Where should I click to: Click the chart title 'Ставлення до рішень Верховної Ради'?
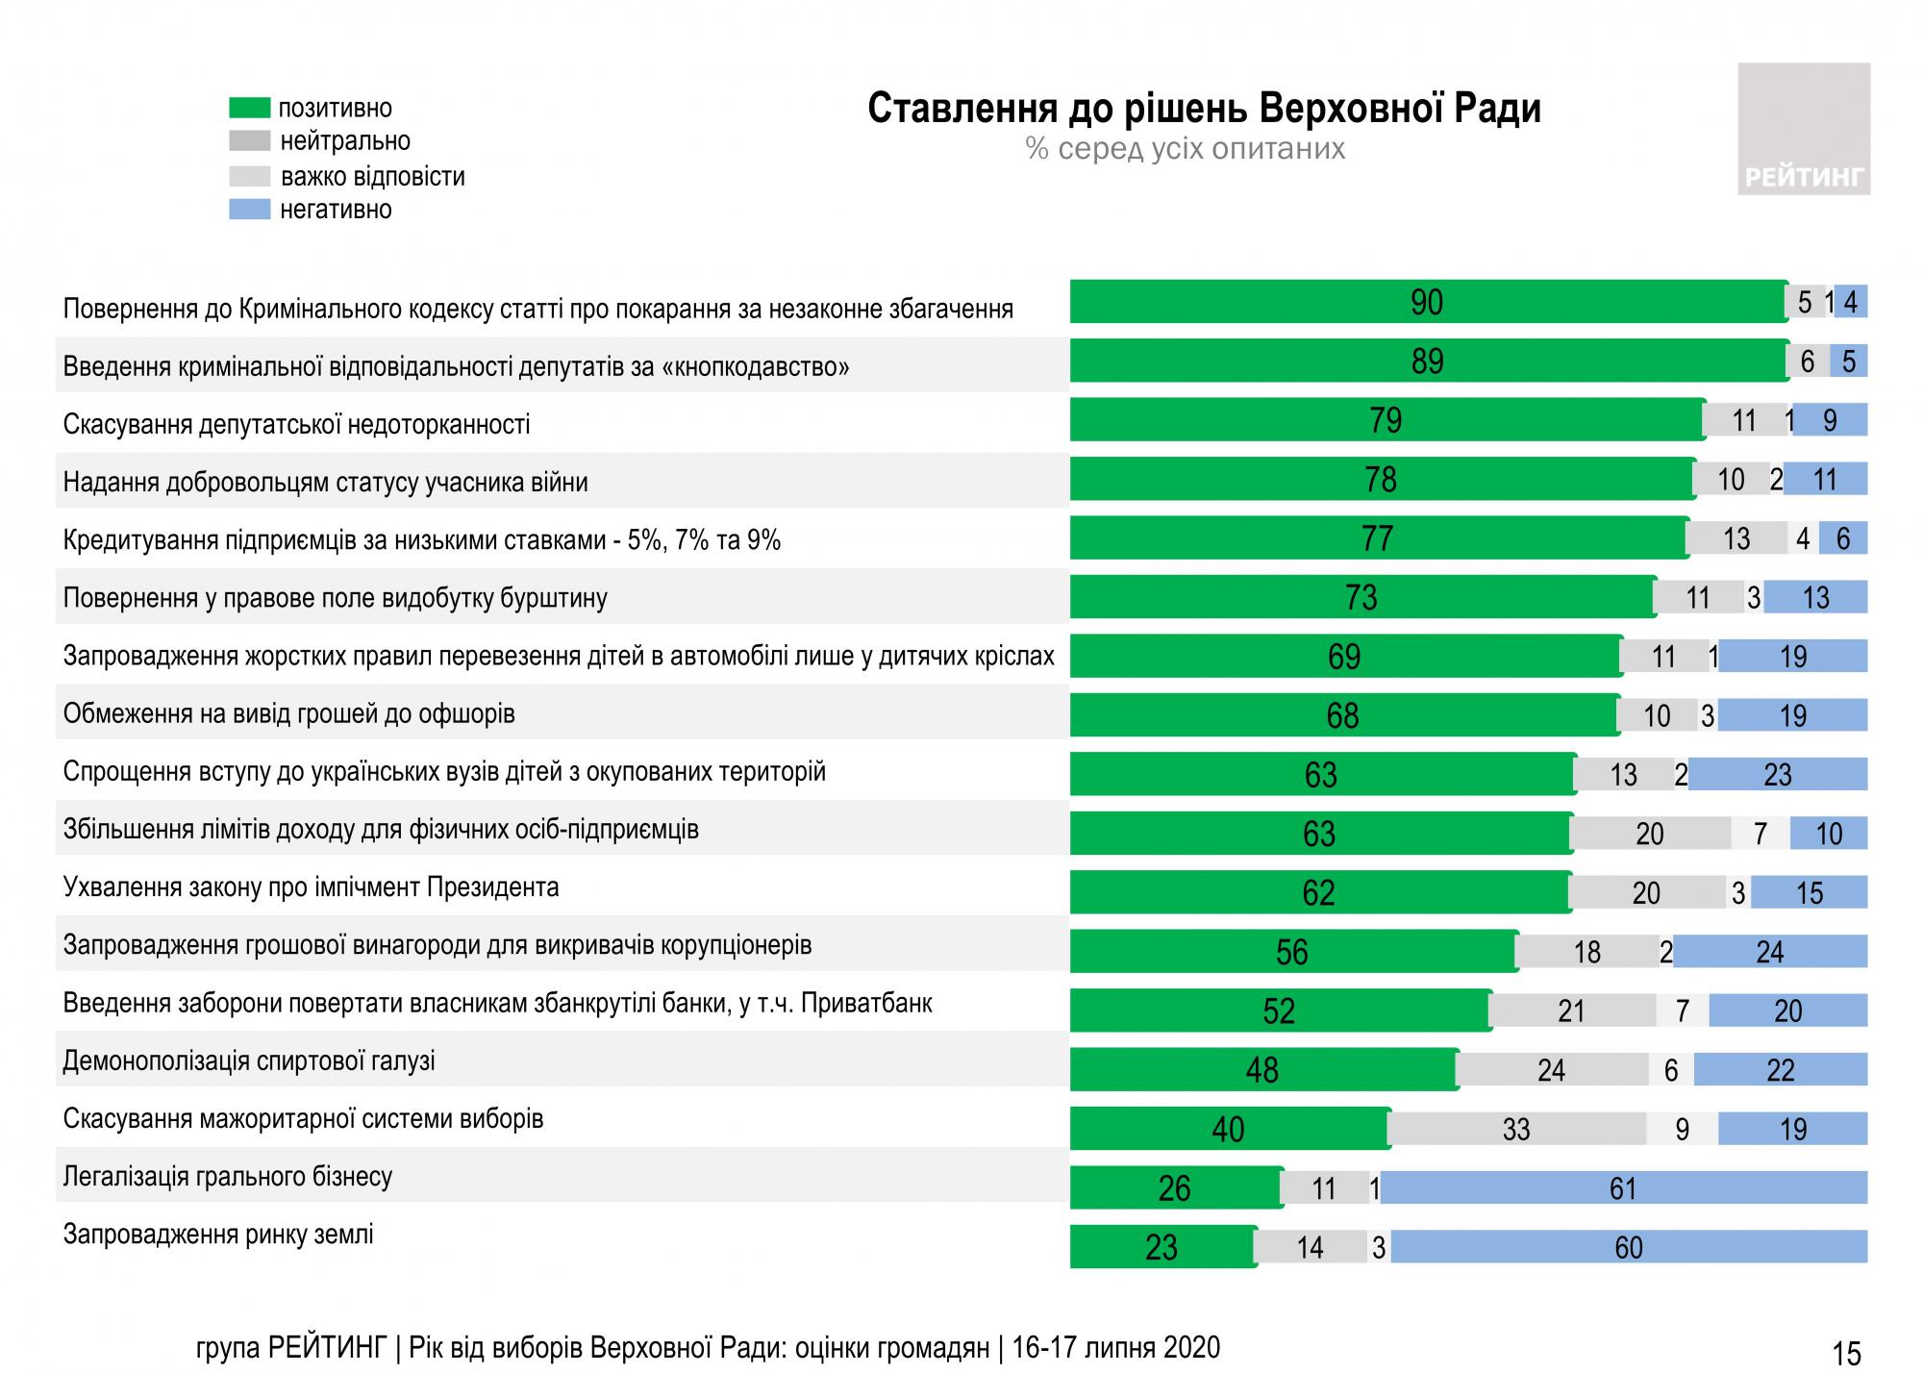(1204, 109)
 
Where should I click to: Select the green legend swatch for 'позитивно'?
(249, 107)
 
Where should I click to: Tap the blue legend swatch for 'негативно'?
(249, 209)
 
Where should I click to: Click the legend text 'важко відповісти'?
(372, 177)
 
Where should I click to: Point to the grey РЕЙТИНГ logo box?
(1803, 129)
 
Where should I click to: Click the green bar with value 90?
(1427, 302)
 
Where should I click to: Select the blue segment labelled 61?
(1623, 1188)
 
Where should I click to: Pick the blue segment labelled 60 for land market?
(1628, 1247)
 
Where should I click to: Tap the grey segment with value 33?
(1516, 1129)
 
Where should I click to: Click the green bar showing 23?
(1161, 1247)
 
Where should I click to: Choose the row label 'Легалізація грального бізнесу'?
(227, 1177)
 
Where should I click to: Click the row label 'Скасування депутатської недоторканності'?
(296, 424)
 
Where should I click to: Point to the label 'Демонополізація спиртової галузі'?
(248, 1061)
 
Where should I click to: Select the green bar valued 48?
(1261, 1069)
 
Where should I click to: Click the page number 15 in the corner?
(1846, 1353)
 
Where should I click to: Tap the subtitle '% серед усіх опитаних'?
(1186, 149)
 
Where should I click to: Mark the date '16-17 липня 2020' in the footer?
(1115, 1348)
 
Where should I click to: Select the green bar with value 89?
(1427, 361)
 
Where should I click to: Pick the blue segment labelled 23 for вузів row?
(1777, 774)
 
